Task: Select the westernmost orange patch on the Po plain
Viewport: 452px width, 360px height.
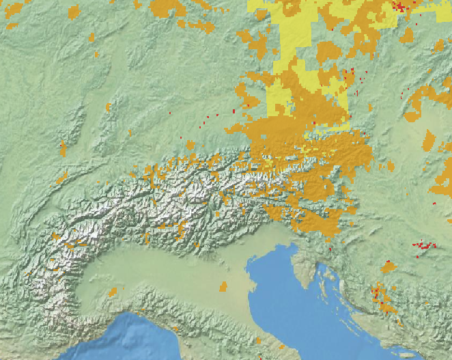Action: (112, 292)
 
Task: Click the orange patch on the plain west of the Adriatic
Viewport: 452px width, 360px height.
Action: (223, 286)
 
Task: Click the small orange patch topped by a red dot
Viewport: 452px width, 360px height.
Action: (389, 266)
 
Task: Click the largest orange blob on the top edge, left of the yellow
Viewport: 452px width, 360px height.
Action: (167, 8)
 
